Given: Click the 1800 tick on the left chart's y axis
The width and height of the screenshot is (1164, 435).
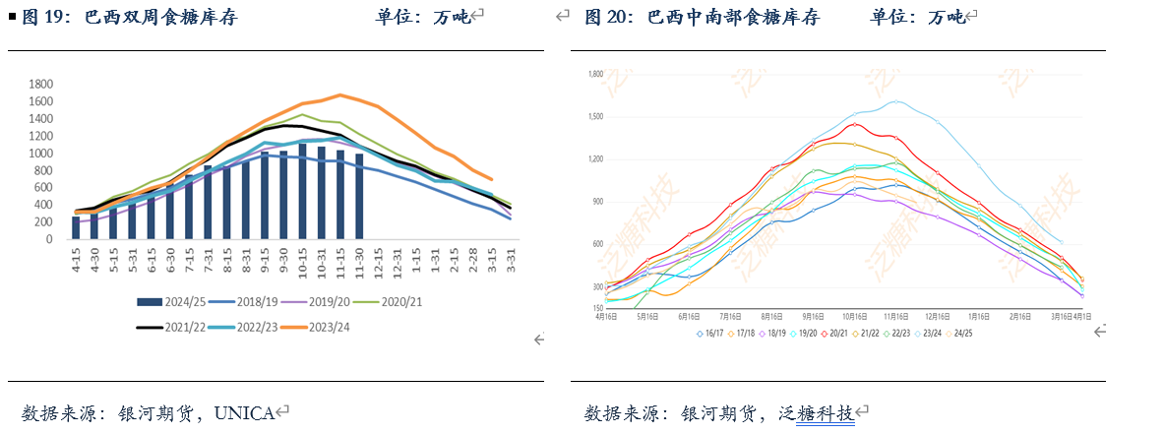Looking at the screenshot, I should click(40, 84).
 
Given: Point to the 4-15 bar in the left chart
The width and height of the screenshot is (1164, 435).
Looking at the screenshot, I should click(76, 227).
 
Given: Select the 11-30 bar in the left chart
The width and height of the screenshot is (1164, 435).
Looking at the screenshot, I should click(359, 196).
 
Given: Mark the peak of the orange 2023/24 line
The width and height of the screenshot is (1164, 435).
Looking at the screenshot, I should click(339, 95).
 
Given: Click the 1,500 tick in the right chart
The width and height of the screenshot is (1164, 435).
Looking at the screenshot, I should click(594, 116).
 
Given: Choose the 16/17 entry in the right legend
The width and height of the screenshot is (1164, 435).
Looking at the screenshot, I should click(713, 334).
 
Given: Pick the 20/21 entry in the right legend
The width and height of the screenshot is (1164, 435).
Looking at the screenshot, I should click(839, 334).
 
